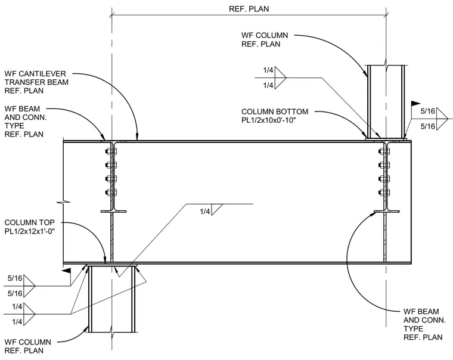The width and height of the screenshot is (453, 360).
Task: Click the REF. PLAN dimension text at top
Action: (x=249, y=9)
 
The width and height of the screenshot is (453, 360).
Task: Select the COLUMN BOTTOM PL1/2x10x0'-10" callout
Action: (x=275, y=116)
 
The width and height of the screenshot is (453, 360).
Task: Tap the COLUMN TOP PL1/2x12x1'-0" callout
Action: (x=30, y=227)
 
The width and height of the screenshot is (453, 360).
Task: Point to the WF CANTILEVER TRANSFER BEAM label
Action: (x=36, y=82)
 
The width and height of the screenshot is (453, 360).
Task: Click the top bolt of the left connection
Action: (x=111, y=151)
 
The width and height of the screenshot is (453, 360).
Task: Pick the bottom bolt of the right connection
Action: (x=384, y=192)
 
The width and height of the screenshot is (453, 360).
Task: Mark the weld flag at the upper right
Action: (x=415, y=103)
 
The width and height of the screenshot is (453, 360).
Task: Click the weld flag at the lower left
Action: (x=66, y=271)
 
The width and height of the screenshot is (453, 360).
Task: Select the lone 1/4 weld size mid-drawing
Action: (x=205, y=212)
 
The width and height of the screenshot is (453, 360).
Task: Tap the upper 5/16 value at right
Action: (x=427, y=111)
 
